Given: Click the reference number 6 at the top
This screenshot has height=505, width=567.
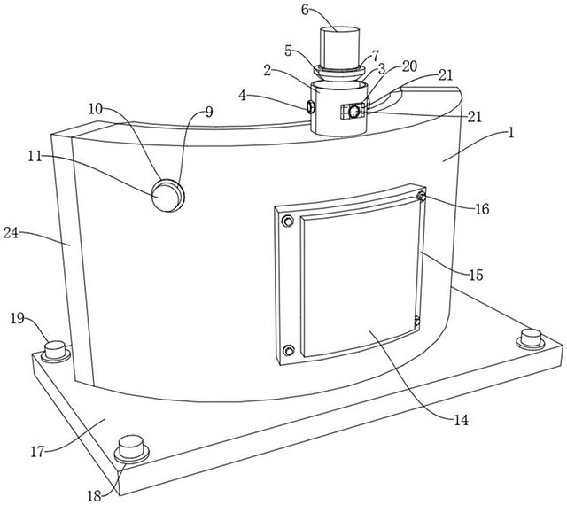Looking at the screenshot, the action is tap(305, 10).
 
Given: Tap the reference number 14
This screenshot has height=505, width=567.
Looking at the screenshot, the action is tap(461, 420).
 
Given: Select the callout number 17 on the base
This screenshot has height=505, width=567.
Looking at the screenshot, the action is tap(37, 451).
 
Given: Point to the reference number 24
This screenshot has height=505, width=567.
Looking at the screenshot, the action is tap(11, 233).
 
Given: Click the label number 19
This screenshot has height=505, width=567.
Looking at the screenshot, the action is tap(18, 318).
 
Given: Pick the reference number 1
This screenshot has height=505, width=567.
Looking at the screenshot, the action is tap(510, 133).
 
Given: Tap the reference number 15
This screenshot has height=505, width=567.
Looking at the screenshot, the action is tap(476, 275).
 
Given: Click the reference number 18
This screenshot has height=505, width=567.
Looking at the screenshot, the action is tap(95, 495).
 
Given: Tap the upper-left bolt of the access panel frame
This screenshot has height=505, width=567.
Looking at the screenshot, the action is tap(287, 221).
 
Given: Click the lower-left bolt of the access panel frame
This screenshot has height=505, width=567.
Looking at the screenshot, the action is tap(288, 350).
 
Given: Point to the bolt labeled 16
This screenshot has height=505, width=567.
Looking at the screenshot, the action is tap(422, 197).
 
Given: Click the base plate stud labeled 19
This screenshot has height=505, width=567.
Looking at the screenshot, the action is tap(55, 351).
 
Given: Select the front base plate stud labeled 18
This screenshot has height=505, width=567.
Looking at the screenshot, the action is tap(131, 449).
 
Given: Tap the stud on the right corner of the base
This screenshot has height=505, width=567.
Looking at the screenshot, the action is tap(531, 339).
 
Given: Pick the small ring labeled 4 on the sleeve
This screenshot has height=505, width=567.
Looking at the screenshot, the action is tap(310, 107).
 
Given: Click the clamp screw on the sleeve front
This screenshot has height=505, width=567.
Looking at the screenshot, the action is tap(353, 111).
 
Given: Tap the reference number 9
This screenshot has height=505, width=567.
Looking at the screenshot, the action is tap(209, 112).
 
